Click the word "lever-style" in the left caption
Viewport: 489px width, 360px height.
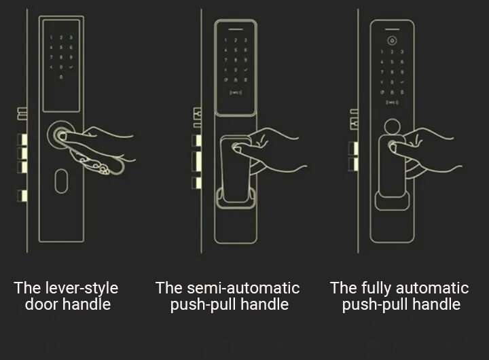point(81,288)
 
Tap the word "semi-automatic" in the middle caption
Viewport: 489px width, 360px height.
point(243,288)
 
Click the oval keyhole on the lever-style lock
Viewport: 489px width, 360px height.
point(61,181)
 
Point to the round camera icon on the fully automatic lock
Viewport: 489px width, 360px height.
point(392,41)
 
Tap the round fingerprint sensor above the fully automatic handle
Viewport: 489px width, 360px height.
point(392,127)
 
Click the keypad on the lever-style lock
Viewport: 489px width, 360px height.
point(61,57)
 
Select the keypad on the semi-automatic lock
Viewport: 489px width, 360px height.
point(236,60)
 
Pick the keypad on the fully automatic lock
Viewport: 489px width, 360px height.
point(392,72)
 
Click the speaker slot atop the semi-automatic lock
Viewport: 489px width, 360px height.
point(236,30)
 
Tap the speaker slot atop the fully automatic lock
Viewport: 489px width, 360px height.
point(392,29)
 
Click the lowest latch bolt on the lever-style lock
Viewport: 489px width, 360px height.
point(22,196)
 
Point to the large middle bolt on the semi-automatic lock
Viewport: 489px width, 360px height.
point(196,161)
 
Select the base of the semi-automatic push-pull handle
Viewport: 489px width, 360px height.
point(236,198)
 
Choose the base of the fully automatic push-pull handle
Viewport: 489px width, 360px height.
point(392,200)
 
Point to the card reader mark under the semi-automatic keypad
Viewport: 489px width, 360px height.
point(236,92)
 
